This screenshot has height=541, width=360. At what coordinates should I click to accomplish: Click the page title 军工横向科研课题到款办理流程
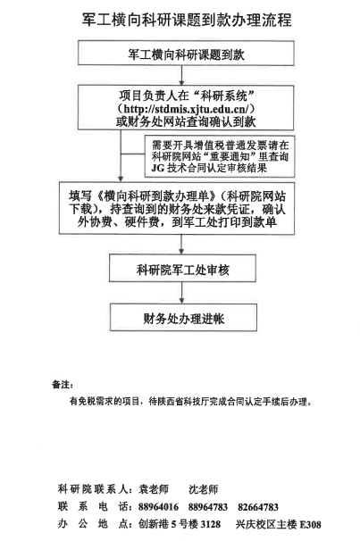187,20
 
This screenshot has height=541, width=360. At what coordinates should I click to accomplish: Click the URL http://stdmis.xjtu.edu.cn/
187,109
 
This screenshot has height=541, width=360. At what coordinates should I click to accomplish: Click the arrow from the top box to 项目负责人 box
182,76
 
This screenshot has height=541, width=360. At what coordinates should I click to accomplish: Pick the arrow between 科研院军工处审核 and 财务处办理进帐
182,293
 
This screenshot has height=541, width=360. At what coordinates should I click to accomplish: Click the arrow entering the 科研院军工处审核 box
181,245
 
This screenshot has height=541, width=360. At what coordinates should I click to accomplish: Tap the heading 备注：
63,385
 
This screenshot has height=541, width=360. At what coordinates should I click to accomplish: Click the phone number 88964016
158,507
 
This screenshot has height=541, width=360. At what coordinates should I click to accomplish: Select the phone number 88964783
208,507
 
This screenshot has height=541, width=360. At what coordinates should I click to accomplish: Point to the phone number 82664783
258,507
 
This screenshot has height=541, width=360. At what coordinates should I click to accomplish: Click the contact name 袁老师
154,489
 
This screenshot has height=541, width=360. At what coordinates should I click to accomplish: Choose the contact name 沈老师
204,489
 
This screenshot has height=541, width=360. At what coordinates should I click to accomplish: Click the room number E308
310,525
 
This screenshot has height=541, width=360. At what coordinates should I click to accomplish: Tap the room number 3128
210,524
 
